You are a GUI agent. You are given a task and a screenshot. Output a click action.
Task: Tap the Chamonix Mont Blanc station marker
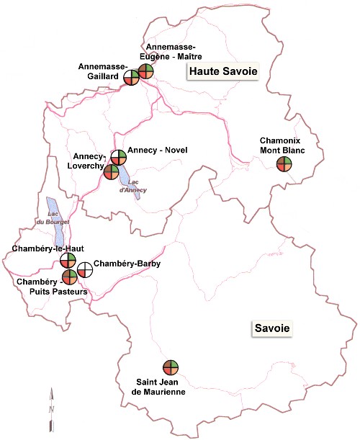[284, 163]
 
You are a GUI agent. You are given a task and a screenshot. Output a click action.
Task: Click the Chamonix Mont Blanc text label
[283, 145]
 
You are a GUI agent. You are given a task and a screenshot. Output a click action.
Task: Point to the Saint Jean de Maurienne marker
[170, 368]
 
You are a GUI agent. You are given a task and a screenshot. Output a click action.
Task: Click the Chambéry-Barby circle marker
[85, 269]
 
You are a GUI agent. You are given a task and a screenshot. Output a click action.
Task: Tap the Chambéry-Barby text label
[127, 264]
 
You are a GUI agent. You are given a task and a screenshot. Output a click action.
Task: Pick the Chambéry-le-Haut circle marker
[68, 260]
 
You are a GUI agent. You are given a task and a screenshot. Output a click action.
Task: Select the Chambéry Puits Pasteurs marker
[69, 277]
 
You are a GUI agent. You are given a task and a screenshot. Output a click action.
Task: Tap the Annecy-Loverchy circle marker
[112, 171]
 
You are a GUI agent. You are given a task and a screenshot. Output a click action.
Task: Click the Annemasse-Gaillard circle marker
[131, 77]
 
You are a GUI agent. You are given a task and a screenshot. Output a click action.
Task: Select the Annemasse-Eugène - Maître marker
[146, 71]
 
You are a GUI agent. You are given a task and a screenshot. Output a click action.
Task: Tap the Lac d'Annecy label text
[133, 187]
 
